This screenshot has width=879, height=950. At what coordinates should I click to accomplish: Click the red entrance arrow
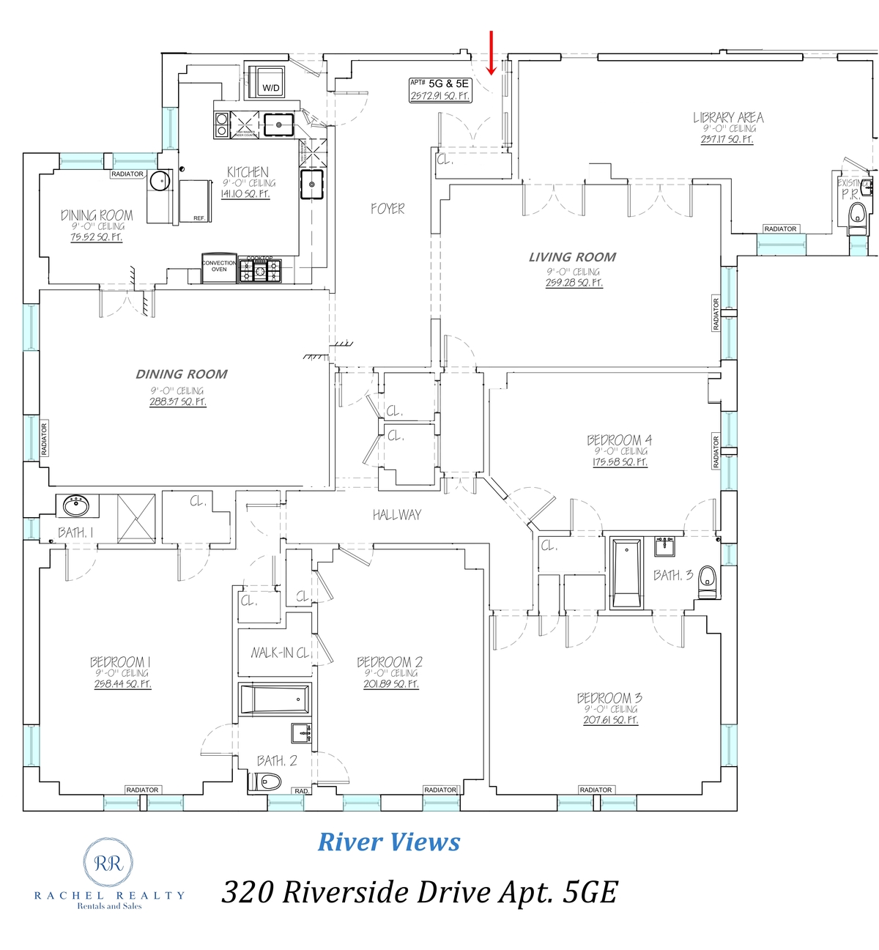tap(492, 53)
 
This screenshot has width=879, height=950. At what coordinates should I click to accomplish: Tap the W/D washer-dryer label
tap(271, 88)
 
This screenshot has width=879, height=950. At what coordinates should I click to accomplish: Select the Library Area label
tap(728, 117)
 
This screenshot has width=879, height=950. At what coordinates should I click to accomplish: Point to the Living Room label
tap(572, 257)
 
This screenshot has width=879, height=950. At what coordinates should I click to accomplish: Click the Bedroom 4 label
tap(619, 440)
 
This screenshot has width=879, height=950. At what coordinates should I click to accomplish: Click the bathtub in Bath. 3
tap(626, 573)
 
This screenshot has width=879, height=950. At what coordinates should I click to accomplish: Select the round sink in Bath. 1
tap(75, 505)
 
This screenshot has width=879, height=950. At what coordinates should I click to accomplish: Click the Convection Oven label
tap(219, 266)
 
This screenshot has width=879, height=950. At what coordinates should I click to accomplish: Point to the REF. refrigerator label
tap(199, 218)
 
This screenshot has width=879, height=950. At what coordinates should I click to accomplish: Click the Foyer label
tap(387, 209)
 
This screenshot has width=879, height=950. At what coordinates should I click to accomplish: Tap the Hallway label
tap(396, 515)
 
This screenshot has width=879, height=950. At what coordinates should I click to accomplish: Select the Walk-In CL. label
tap(280, 653)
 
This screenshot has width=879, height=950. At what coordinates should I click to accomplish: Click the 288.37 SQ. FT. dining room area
tap(178, 402)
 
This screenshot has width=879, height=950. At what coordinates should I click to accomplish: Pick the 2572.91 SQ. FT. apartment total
tap(440, 96)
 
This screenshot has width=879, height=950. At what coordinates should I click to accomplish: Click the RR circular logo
tap(108, 863)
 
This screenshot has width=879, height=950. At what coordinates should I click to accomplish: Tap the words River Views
tap(389, 842)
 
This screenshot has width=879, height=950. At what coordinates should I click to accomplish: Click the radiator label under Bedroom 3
tap(596, 790)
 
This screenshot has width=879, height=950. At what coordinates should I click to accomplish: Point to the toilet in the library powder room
tap(857, 215)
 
